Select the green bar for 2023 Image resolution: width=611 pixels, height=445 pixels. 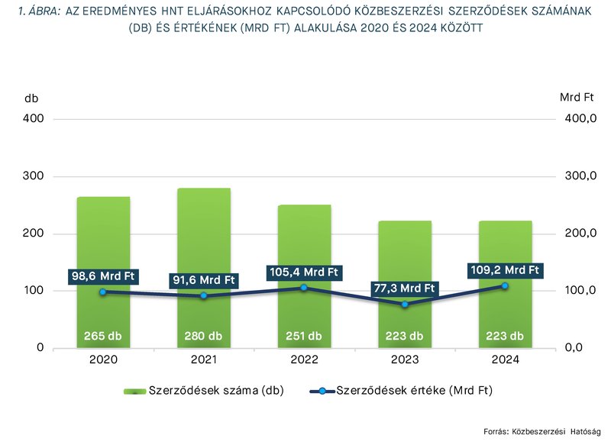pos(404,252)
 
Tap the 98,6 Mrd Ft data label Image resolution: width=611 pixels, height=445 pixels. pos(102,275)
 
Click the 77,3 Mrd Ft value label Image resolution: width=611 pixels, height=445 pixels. pos(404,288)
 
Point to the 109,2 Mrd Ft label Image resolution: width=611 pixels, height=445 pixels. pos(505,269)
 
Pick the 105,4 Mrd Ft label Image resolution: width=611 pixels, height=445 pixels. pos(303,272)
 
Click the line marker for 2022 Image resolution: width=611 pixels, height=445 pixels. pos(303,288)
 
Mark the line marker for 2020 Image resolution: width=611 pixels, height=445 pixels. pos(102,292)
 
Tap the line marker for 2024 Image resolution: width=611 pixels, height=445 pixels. pos(505,285)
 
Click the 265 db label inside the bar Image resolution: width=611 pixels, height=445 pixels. pos(102,336)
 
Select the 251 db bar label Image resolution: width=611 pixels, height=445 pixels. pos(303,336)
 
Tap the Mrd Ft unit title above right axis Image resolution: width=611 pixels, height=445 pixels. pos(577,98)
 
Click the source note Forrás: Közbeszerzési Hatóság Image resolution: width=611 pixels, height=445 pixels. pos(542,430)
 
